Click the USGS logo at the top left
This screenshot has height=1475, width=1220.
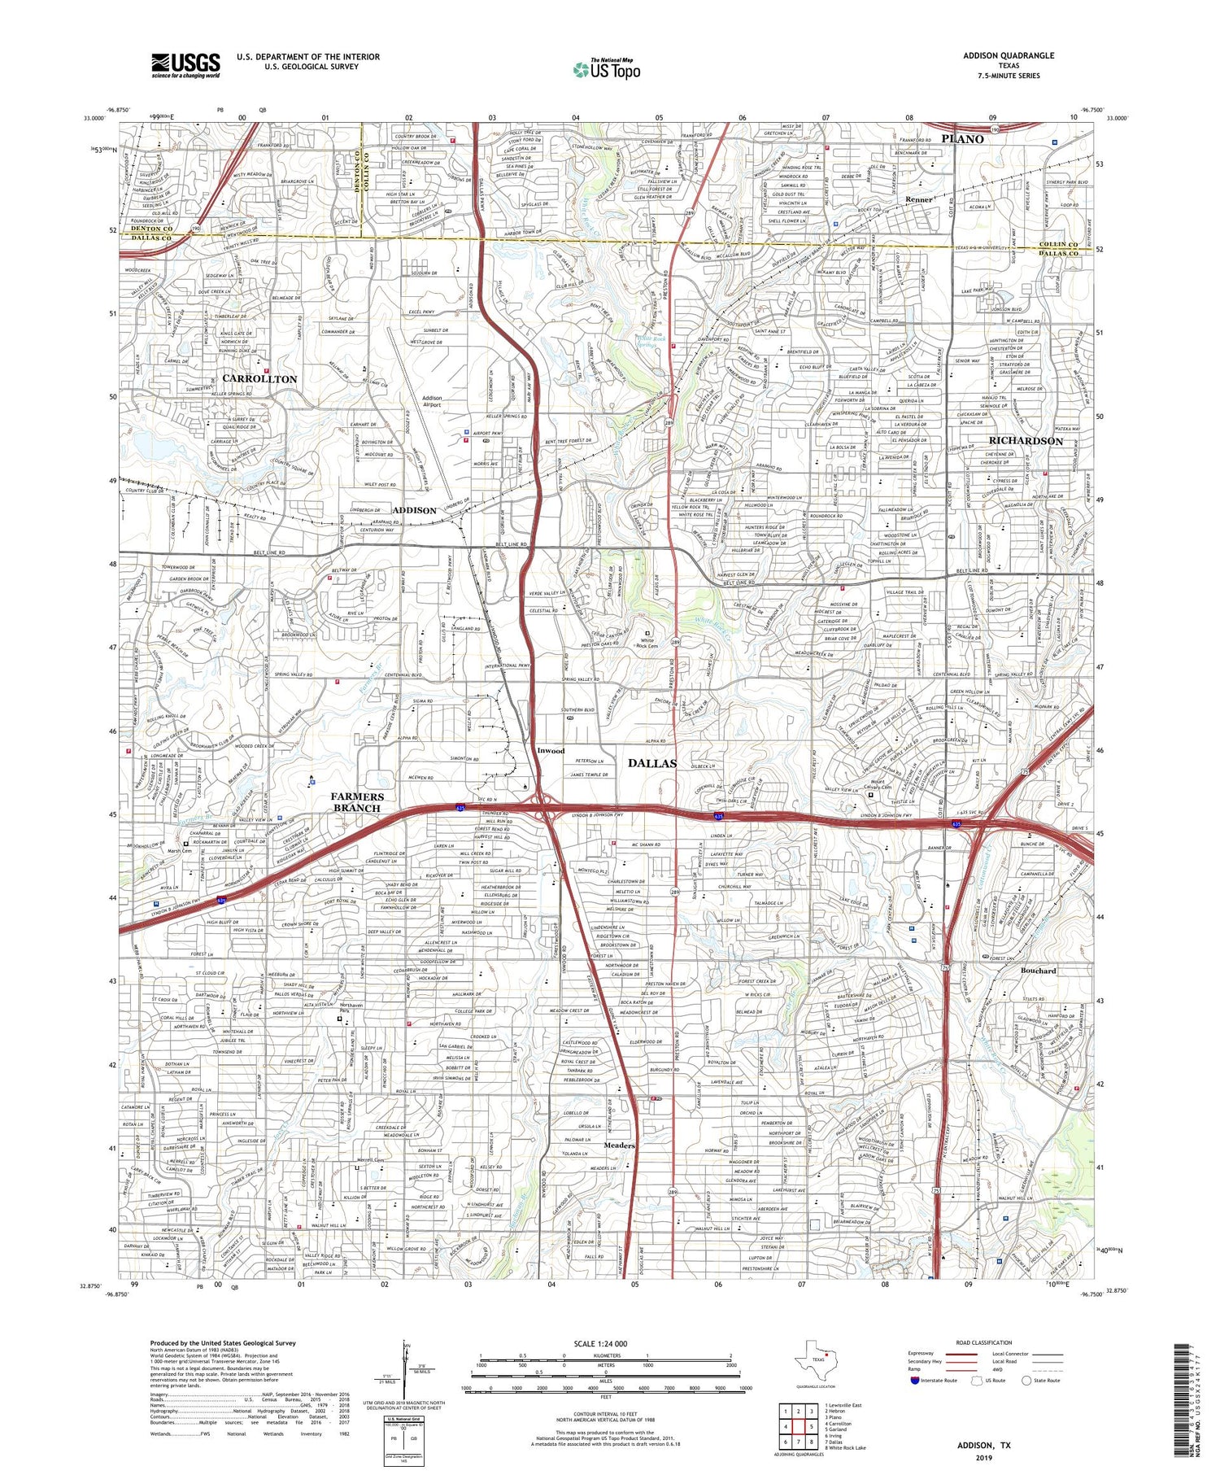[185, 65]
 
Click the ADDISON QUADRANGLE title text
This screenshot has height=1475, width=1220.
[1008, 55]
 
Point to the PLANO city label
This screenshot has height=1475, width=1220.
[962, 139]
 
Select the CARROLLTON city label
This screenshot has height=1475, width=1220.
[259, 379]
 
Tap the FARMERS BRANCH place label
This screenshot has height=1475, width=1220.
[357, 802]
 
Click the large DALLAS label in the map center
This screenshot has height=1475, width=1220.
[652, 763]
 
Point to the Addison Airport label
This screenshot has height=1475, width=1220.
[432, 401]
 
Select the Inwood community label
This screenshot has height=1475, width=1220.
[551, 750]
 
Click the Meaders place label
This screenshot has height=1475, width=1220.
[619, 1146]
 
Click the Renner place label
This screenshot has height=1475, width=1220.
[918, 199]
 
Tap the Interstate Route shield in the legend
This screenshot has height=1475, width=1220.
[913, 1381]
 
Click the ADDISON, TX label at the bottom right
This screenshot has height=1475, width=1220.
[983, 1445]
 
